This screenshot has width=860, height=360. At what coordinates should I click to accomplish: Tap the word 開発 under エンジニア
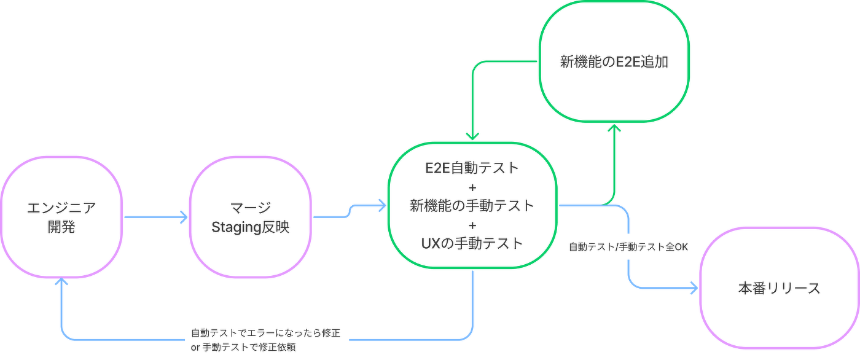[x=61, y=230]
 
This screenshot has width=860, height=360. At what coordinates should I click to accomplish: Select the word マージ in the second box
[x=250, y=207]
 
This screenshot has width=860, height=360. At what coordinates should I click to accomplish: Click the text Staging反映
[x=250, y=229]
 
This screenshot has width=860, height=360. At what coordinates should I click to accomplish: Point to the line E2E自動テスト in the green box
[x=472, y=168]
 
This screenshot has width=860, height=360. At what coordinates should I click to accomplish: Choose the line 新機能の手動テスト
[x=472, y=206]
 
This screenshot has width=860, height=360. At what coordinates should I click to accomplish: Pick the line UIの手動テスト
[x=472, y=244]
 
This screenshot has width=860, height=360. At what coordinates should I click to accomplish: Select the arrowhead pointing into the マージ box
[x=182, y=216]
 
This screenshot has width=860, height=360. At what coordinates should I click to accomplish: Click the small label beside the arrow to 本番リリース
[x=629, y=248]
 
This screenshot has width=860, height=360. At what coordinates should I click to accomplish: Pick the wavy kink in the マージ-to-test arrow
[x=351, y=211]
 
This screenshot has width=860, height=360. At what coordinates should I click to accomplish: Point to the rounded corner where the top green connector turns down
[x=475, y=65]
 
